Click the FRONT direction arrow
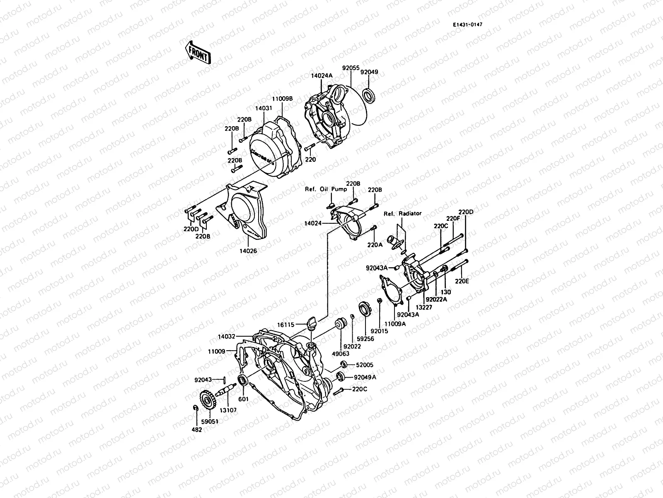click(198, 52)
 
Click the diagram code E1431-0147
click(467, 24)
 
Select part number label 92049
click(369, 72)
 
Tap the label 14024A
click(322, 76)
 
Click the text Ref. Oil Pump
click(326, 189)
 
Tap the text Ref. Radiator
click(402, 213)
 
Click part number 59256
click(366, 339)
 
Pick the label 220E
click(462, 281)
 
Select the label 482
click(197, 430)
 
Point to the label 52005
click(365, 365)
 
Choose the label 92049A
click(365, 377)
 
